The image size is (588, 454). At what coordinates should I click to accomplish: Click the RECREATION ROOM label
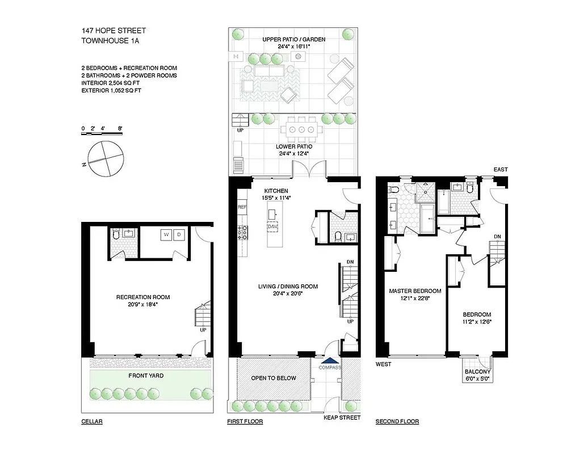tap(143, 297)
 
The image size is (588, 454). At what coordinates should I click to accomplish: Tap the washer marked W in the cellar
tap(167, 234)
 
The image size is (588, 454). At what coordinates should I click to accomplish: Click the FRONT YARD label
tap(145, 376)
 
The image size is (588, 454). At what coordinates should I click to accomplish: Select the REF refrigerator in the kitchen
tap(242, 208)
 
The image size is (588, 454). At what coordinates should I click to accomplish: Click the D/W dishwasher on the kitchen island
tap(272, 226)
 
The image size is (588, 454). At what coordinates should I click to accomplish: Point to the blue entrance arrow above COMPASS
tap(329, 360)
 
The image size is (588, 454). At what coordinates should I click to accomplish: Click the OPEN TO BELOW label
tap(274, 378)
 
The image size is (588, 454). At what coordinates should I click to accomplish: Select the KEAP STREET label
tap(342, 418)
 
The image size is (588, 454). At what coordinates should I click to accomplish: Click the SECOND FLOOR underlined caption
tap(397, 422)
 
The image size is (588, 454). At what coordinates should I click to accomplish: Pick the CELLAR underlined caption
tap(92, 422)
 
